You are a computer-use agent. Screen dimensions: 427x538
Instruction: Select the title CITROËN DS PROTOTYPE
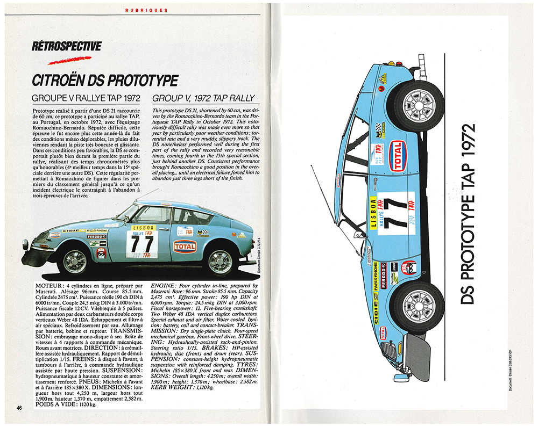105,81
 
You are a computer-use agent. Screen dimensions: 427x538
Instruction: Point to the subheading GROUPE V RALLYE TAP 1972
86,98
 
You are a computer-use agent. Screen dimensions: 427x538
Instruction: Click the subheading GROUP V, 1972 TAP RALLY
204,98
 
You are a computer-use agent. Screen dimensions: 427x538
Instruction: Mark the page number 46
20,407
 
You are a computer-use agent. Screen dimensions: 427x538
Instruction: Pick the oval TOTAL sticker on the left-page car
185,247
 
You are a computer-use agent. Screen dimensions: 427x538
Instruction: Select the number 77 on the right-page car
396,207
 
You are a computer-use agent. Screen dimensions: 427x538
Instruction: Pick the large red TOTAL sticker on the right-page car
397,156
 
